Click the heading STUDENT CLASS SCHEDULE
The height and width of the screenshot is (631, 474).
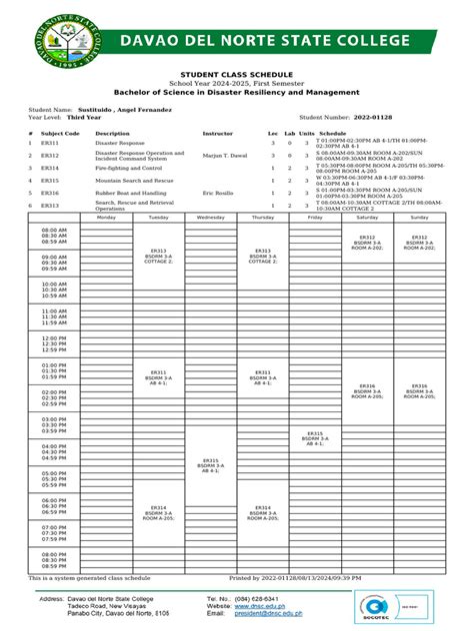coord(236,75)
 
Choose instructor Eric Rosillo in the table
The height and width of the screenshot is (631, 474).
coord(220,192)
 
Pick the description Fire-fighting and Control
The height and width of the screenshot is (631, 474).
coord(128,168)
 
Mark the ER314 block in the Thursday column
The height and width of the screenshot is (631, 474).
coord(262,512)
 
